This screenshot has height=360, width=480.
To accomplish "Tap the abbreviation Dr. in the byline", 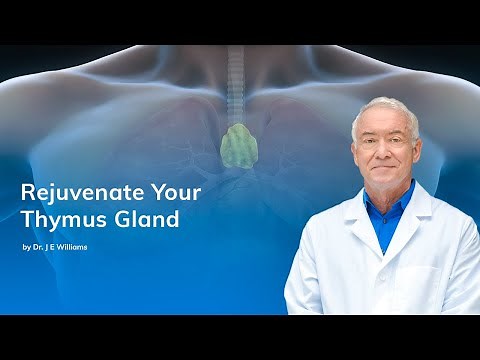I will click(37, 246).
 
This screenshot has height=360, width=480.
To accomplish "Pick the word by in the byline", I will click(26, 246).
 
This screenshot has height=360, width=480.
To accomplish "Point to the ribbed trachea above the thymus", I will click(236, 85).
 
